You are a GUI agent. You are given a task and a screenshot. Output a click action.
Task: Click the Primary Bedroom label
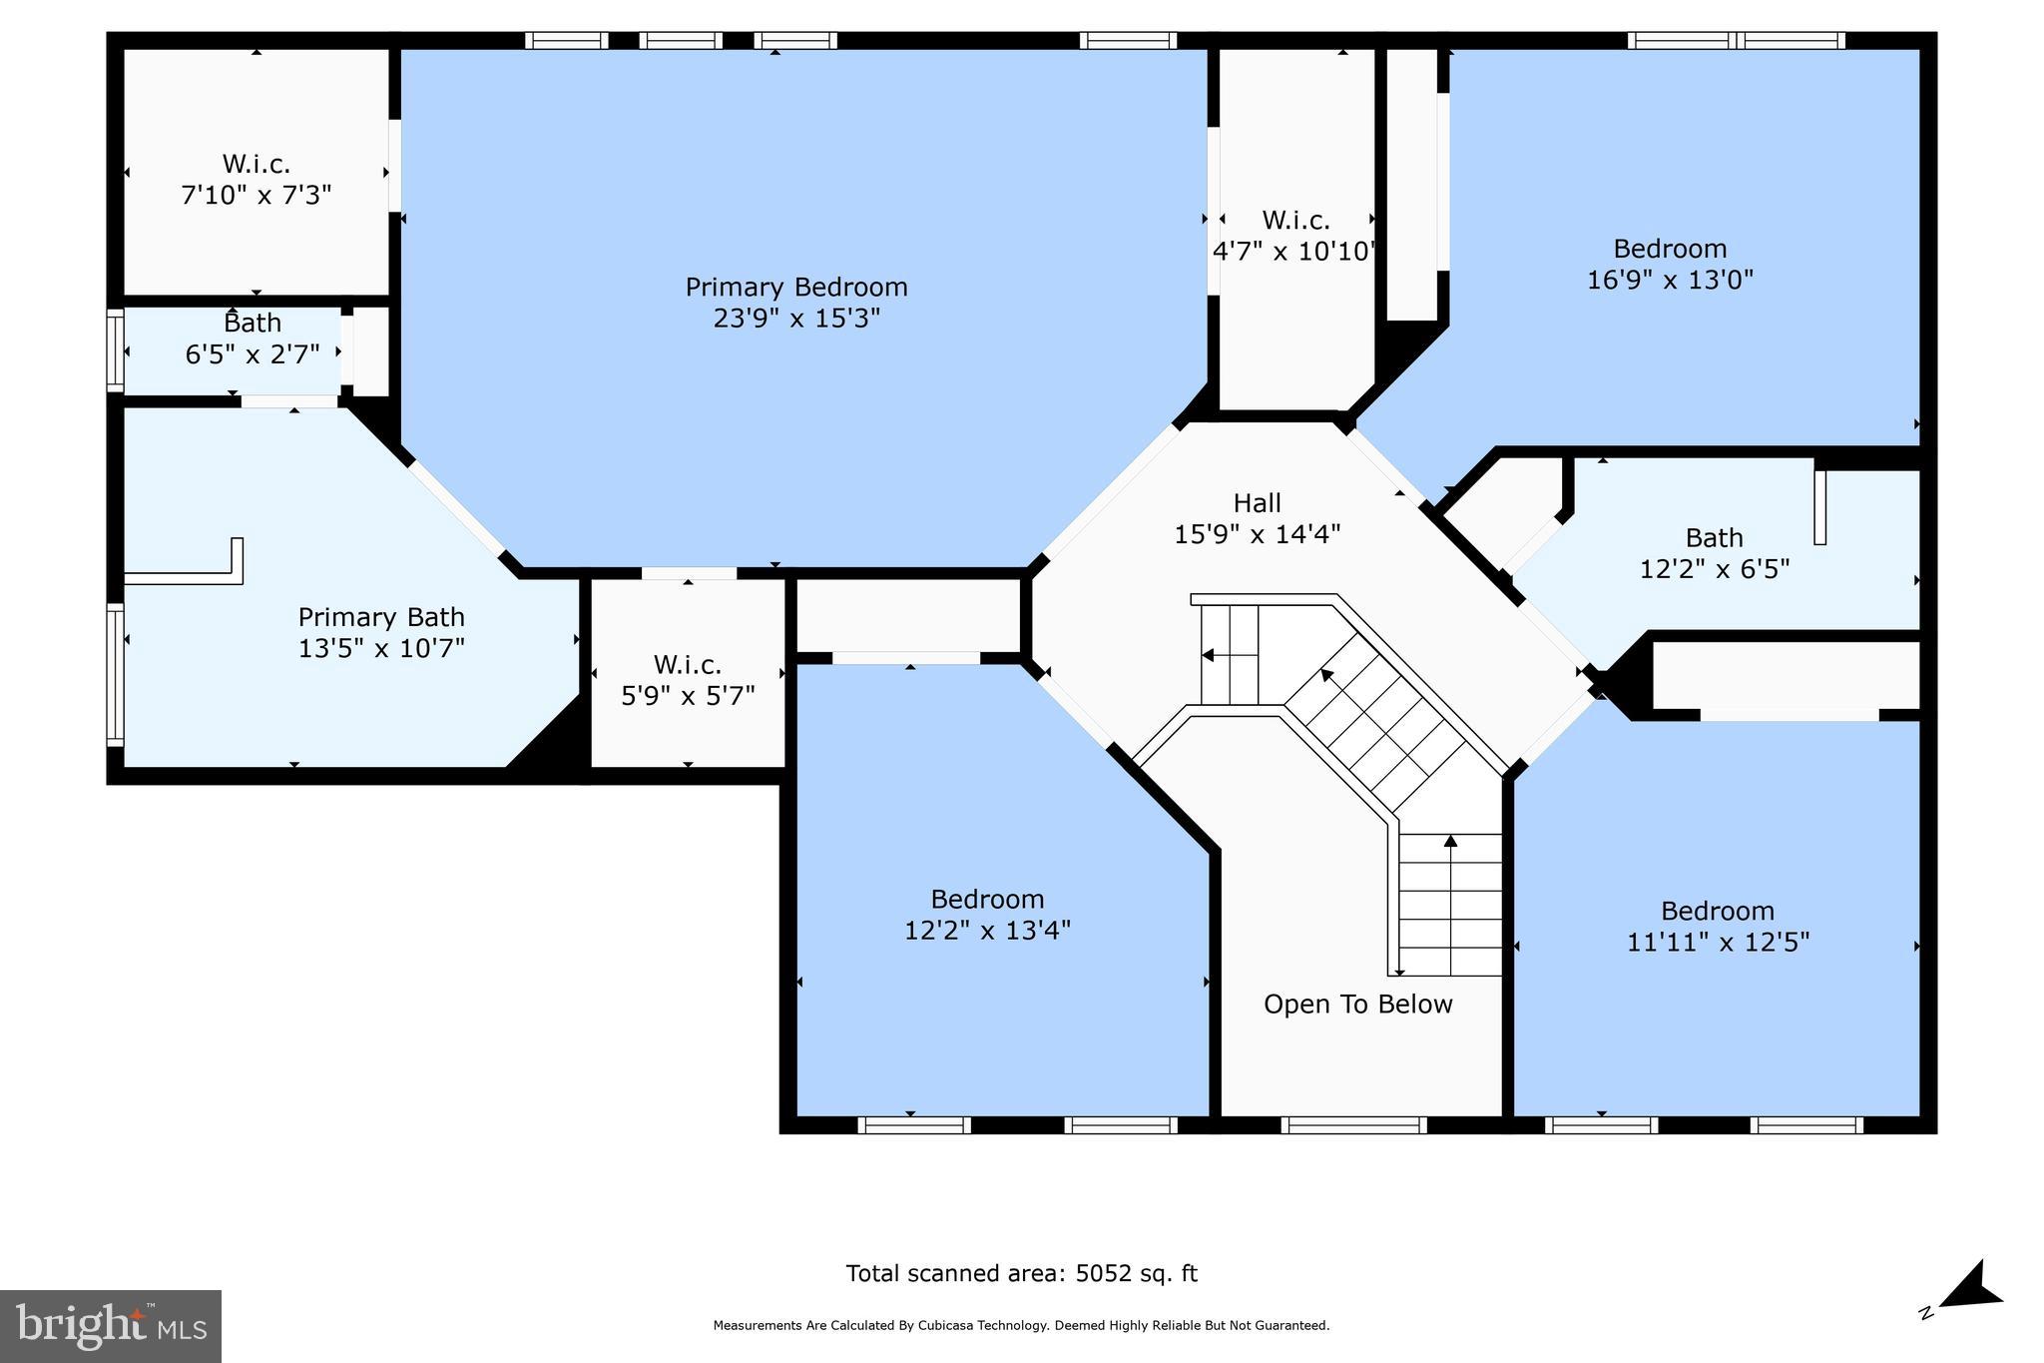click(796, 288)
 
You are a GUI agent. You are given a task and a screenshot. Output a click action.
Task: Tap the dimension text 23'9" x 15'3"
click(796, 319)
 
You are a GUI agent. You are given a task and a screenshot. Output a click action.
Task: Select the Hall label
click(1257, 503)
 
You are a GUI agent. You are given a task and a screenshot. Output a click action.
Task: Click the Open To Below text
click(1357, 1005)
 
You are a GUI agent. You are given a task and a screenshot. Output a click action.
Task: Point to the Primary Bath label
click(381, 617)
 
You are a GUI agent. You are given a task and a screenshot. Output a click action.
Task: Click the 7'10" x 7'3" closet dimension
click(256, 195)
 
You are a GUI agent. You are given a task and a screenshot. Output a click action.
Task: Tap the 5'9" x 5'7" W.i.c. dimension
click(688, 696)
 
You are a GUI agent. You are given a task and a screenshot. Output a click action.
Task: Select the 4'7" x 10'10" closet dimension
click(1294, 252)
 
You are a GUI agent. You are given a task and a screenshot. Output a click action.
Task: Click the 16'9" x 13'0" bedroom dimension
click(1670, 280)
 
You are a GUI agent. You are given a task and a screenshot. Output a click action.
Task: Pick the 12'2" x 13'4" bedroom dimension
click(987, 931)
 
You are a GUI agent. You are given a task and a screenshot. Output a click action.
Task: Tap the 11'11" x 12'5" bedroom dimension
click(1718, 943)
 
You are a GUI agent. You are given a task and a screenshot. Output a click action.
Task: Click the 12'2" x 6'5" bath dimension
click(1714, 569)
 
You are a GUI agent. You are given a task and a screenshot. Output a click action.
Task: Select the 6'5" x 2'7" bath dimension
click(253, 354)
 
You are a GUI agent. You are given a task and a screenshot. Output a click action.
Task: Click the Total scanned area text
click(1021, 1274)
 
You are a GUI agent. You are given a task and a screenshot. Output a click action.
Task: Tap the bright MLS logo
click(111, 1326)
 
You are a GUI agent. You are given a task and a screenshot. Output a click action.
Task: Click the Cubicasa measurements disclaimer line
click(1021, 1326)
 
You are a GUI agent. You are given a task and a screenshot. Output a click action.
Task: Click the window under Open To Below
click(1353, 1125)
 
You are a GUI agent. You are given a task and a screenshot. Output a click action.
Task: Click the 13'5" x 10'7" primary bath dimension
click(381, 649)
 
